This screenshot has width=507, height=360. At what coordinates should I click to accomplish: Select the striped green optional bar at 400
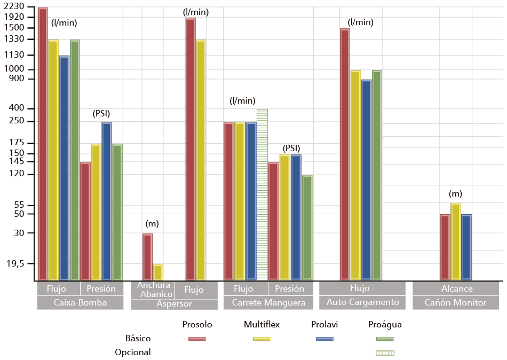click(262, 194)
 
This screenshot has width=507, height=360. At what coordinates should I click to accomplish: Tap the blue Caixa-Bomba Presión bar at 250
click(107, 201)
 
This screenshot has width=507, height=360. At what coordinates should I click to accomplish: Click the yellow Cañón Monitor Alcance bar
click(455, 241)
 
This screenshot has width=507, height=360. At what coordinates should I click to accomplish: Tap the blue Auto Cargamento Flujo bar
click(366, 179)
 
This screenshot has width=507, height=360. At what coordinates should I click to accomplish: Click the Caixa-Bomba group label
click(80, 302)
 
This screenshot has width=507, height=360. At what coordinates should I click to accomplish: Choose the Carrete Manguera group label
click(268, 302)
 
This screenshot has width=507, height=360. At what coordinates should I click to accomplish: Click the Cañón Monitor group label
click(455, 302)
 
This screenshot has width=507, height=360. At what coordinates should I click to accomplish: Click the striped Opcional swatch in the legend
click(385, 353)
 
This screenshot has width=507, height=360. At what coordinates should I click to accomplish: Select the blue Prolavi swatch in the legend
click(324, 338)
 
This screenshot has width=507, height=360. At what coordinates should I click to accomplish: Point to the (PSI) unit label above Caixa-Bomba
click(101, 114)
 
